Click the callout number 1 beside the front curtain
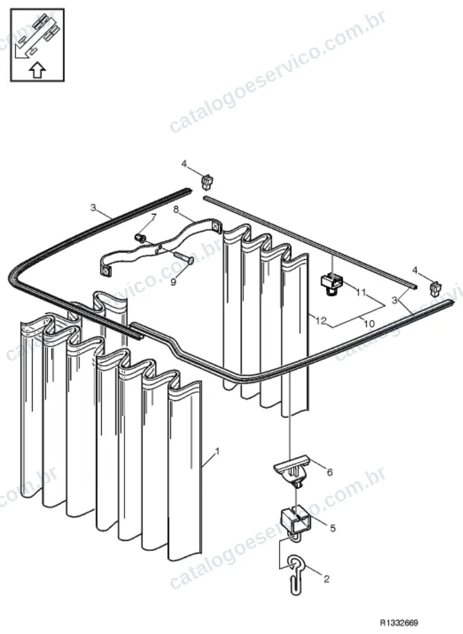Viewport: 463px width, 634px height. pyautogui.click(x=218, y=450)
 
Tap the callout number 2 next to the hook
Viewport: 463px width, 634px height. pyautogui.click(x=327, y=579)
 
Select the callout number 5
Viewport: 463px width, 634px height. pyautogui.click(x=332, y=528)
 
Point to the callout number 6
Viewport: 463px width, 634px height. pyautogui.click(x=329, y=472)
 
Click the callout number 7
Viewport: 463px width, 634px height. pyautogui.click(x=153, y=218)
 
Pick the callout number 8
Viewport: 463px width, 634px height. pyautogui.click(x=176, y=209)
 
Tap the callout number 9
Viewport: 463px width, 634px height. pyautogui.click(x=173, y=282)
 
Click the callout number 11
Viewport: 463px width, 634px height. pyautogui.click(x=361, y=292)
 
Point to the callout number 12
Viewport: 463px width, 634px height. pyautogui.click(x=320, y=321)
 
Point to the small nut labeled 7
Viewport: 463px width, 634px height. pyautogui.click(x=140, y=237)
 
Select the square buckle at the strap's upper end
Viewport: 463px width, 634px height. pyautogui.click(x=217, y=227)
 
